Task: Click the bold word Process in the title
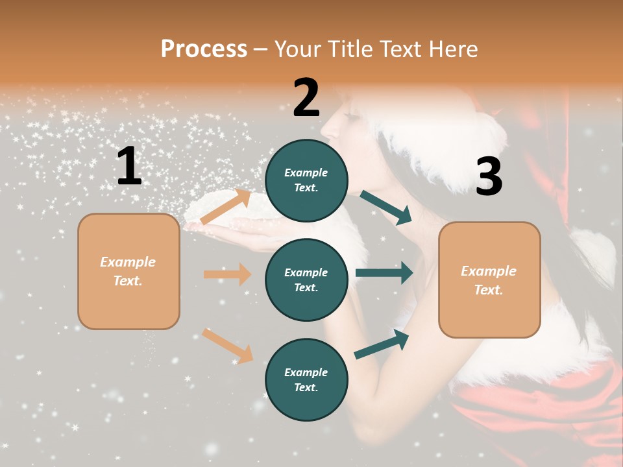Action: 204,49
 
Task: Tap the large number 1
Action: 129,167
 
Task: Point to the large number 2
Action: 306,98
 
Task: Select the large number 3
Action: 489,177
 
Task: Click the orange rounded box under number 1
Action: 128,271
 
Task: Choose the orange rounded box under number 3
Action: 489,280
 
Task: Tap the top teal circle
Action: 306,180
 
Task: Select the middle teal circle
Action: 306,280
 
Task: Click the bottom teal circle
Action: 306,379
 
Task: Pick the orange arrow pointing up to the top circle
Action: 226,207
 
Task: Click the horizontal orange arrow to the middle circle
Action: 227,274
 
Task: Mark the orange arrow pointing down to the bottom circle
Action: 227,346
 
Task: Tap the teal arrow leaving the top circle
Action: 387,208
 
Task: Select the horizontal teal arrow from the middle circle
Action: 384,273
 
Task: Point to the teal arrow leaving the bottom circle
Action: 382,344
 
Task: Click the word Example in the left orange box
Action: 128,262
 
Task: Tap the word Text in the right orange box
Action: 489,290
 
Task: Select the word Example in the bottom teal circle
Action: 306,372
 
